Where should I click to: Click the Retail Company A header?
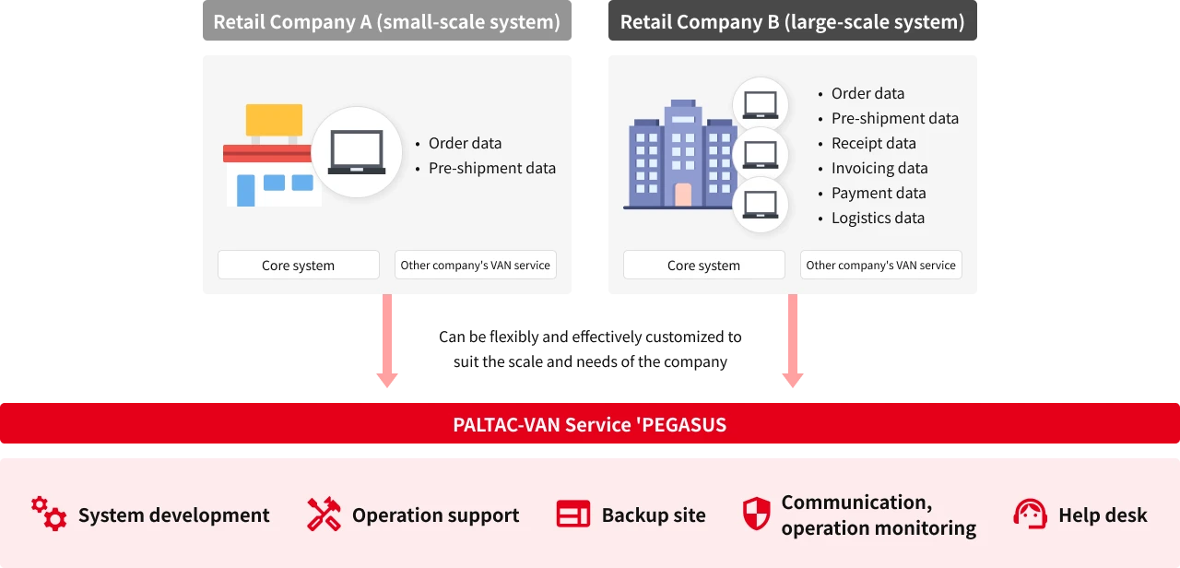tap(386, 22)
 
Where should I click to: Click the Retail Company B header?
tap(792, 22)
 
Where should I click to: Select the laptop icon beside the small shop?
tap(357, 153)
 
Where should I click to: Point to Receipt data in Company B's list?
tap(873, 143)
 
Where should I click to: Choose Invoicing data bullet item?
tap(879, 168)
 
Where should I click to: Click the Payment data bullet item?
tap(878, 193)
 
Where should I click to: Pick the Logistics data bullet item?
tap(877, 218)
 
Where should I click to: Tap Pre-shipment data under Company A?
tap(491, 168)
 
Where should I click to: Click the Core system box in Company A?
tap(298, 265)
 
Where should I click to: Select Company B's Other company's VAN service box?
tap(880, 265)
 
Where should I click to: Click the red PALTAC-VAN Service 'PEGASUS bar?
tap(590, 424)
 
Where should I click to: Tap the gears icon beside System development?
tap(49, 514)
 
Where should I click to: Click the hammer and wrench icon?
tap(324, 515)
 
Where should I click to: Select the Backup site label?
tap(654, 515)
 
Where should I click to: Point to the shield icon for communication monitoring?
tap(756, 514)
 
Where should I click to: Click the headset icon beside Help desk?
tap(1030, 514)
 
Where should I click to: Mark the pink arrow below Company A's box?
tap(387, 341)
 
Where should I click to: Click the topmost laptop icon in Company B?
tap(761, 104)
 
